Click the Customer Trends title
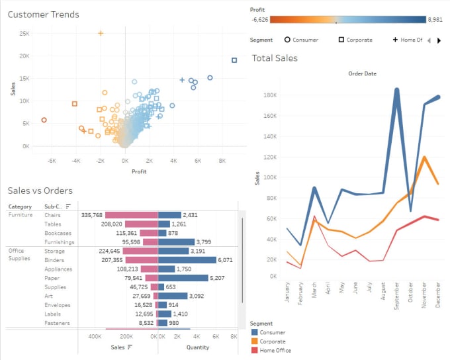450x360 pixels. point(44,15)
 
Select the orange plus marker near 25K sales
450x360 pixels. point(101,32)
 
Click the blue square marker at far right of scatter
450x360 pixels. point(234,60)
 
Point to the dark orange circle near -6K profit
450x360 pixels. point(44,120)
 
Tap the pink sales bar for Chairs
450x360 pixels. point(131,215)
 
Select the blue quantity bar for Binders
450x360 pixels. point(187,260)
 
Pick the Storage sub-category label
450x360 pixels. point(55,251)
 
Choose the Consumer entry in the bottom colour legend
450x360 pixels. point(272,332)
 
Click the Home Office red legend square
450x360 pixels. point(254,351)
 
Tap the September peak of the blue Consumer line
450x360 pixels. point(396,89)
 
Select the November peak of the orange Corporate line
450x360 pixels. point(424,157)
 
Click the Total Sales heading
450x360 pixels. point(275,58)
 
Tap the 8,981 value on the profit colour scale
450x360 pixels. point(435,20)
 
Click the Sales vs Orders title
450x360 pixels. point(40,191)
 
